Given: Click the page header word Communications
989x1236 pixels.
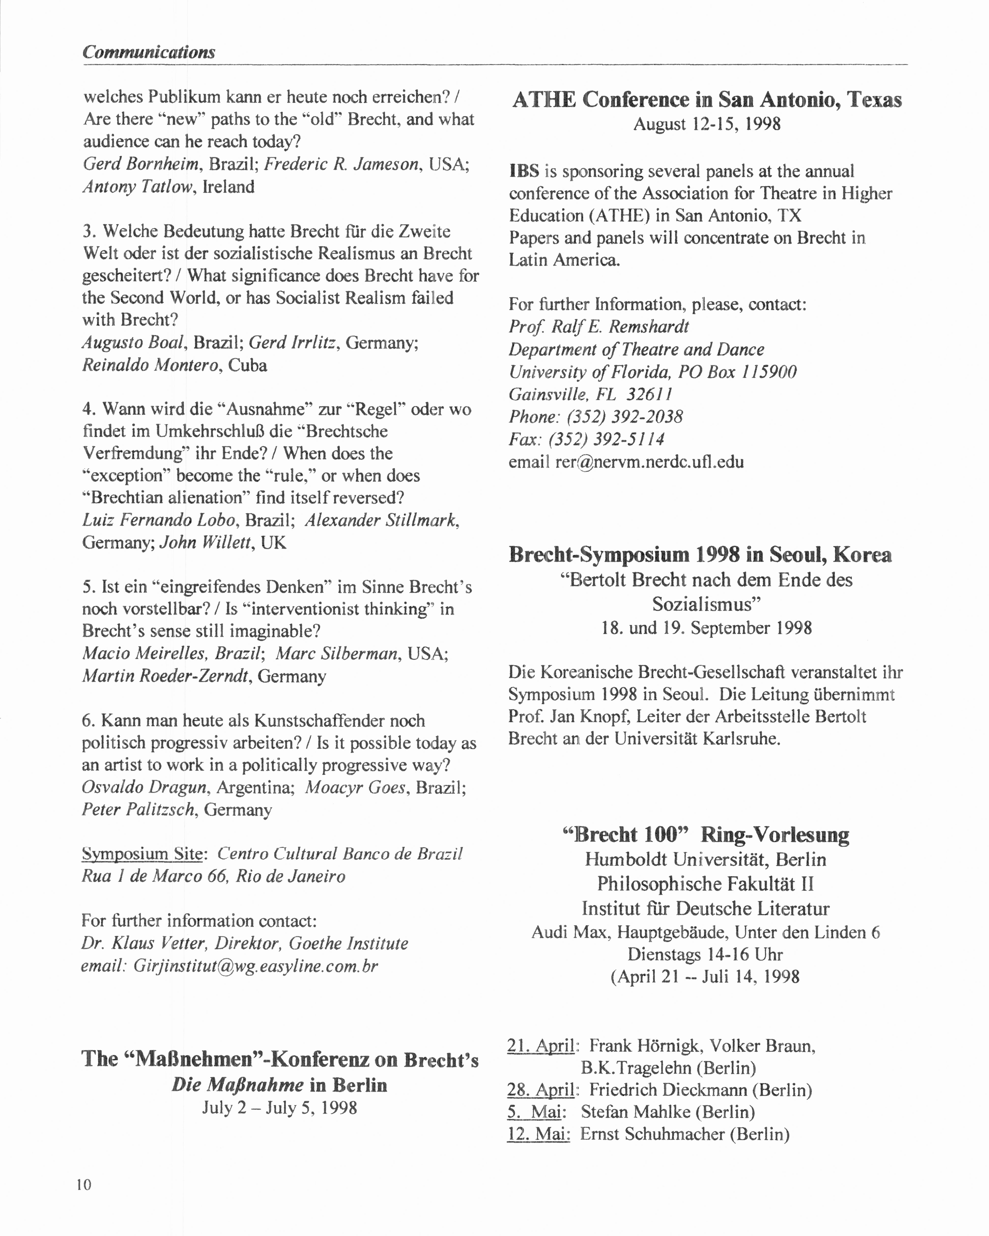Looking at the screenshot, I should click(148, 52).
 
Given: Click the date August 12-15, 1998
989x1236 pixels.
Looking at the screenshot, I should click(706, 124).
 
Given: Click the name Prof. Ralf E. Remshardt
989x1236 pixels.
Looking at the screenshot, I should click(599, 327).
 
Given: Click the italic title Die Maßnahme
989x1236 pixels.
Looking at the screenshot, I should click(237, 1085).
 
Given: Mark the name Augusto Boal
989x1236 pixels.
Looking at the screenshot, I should click(134, 343).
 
